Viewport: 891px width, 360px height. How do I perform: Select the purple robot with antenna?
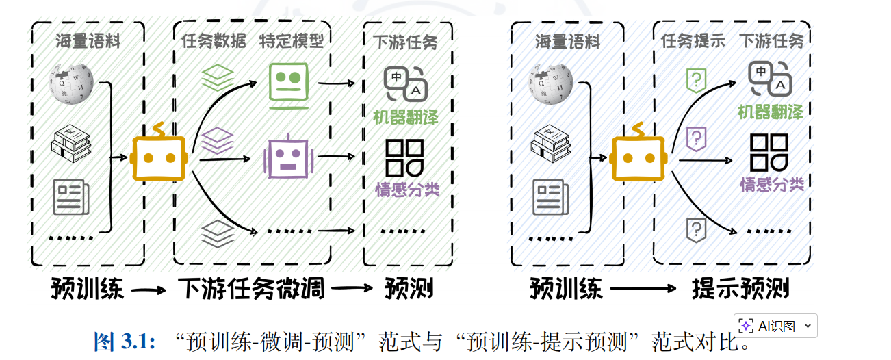[288, 157]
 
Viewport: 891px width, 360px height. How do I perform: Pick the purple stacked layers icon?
[218, 140]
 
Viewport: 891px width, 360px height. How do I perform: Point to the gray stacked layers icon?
[218, 233]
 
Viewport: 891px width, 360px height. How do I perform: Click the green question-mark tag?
[696, 79]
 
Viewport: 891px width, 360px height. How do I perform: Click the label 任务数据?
[214, 42]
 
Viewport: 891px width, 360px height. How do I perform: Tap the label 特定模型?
[291, 42]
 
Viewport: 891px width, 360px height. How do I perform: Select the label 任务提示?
[693, 41]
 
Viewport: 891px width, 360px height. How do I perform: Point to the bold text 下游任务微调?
[251, 289]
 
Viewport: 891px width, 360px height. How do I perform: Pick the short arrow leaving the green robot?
[337, 85]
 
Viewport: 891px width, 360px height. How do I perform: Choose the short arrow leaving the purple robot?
[337, 157]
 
